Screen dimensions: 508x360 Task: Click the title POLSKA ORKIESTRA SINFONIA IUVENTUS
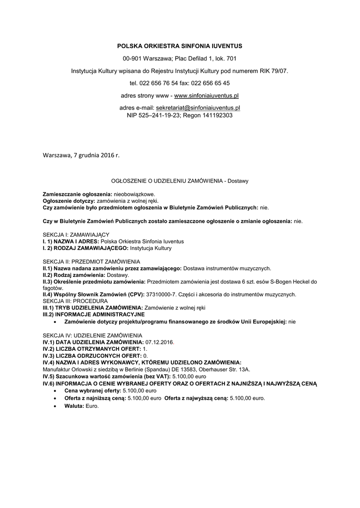point(179,46)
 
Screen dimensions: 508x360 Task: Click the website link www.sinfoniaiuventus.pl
point(206,95)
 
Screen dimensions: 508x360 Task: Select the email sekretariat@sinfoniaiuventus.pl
point(198,108)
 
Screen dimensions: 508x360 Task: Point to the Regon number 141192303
point(215,115)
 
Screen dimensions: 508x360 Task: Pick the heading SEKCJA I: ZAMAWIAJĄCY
point(76,234)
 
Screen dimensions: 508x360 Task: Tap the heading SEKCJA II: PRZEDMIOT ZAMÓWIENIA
point(91,261)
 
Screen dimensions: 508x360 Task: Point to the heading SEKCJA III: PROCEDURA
point(75,301)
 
